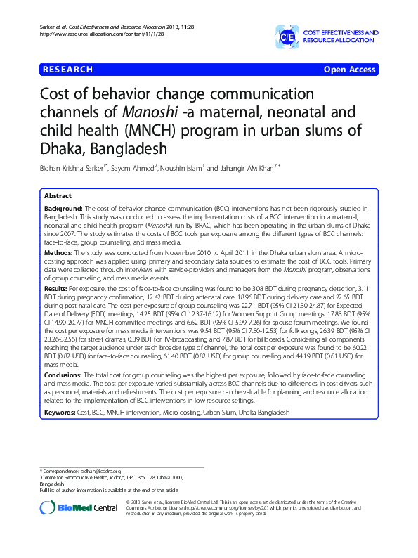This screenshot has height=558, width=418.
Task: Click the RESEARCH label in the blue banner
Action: click(68, 70)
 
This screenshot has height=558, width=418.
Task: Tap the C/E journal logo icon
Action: click(287, 36)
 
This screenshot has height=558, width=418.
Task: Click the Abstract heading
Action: click(58, 196)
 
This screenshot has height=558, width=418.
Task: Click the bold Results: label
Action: click(58, 288)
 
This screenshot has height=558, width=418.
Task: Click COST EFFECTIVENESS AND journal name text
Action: click(341, 33)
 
